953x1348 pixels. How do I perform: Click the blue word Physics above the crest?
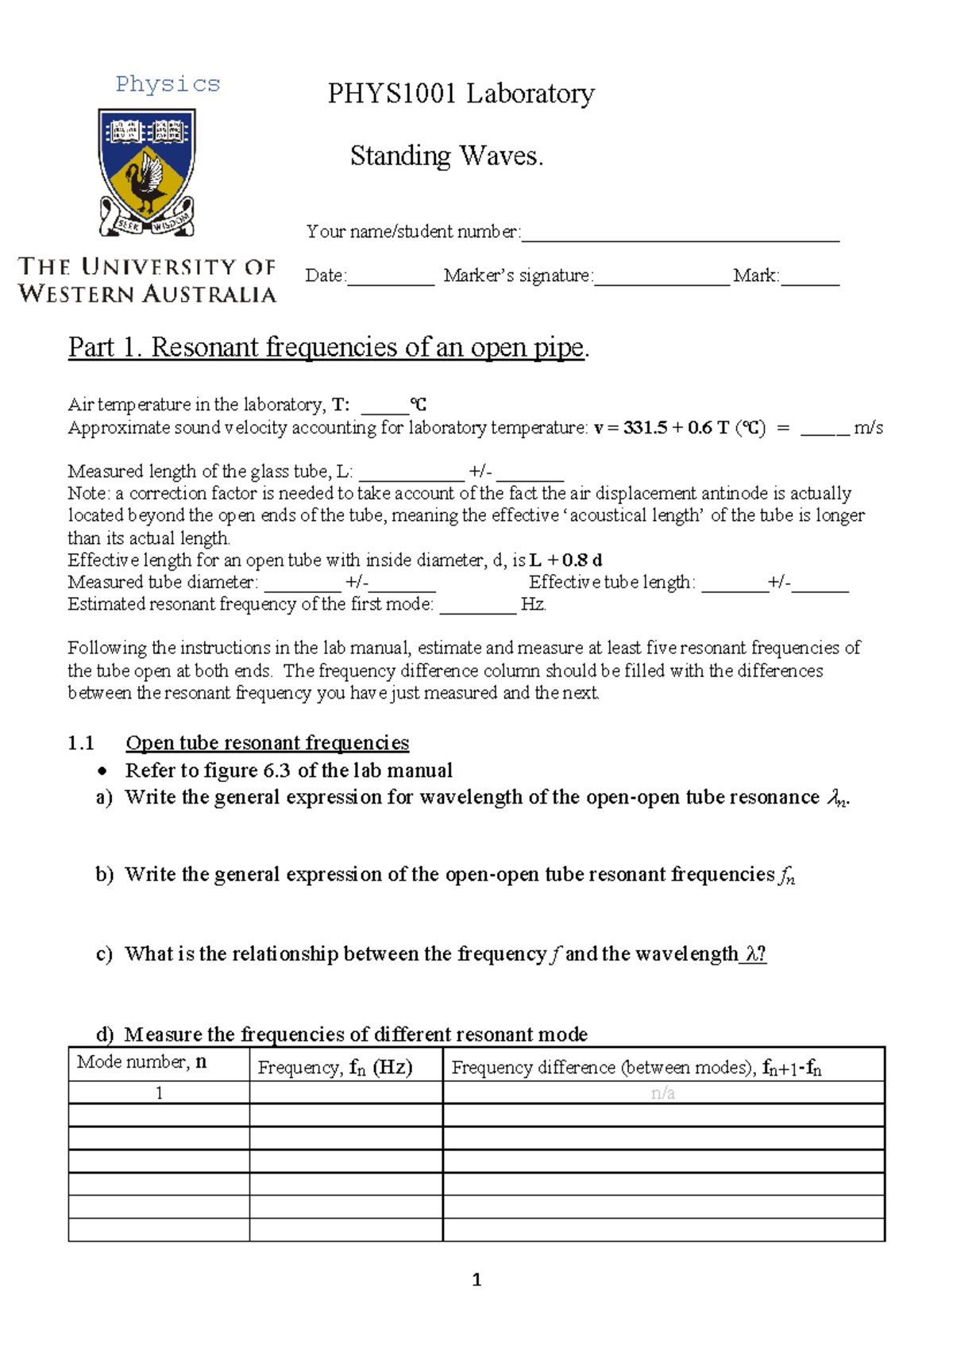[x=168, y=84]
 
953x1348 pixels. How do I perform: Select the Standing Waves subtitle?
[x=446, y=156]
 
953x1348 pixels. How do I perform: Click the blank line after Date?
[x=391, y=280]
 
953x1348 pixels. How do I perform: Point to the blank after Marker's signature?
[x=662, y=280]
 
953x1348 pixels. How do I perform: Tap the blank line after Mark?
[x=810, y=280]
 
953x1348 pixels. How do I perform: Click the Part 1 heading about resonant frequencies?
[x=328, y=348]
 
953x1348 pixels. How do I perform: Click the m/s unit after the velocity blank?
[x=868, y=428]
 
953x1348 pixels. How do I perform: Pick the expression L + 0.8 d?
[x=565, y=560]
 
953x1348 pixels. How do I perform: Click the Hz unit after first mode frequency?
[x=533, y=604]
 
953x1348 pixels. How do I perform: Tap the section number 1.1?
[x=81, y=743]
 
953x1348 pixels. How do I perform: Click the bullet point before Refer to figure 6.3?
[x=102, y=771]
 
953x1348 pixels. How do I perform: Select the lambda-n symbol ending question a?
[x=837, y=798]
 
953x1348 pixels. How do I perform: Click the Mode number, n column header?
[x=141, y=1062]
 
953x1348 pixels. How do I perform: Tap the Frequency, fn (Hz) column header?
[x=335, y=1067]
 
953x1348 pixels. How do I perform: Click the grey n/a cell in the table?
[x=662, y=1093]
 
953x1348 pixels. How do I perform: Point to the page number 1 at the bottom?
[x=476, y=1279]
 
